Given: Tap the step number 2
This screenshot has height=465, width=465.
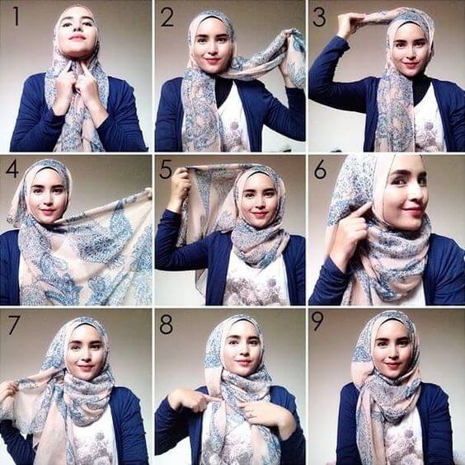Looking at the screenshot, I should point(167,16).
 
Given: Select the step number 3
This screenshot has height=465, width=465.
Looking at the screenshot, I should point(320,16).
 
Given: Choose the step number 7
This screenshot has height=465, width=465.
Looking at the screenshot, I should point(13,324).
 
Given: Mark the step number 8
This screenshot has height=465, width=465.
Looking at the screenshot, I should point(167,324).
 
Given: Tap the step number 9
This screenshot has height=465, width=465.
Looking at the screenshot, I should point(320,324).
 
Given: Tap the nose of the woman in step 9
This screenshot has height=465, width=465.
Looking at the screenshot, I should point(392,350).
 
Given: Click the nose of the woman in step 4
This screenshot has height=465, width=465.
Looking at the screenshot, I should point(47,198).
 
